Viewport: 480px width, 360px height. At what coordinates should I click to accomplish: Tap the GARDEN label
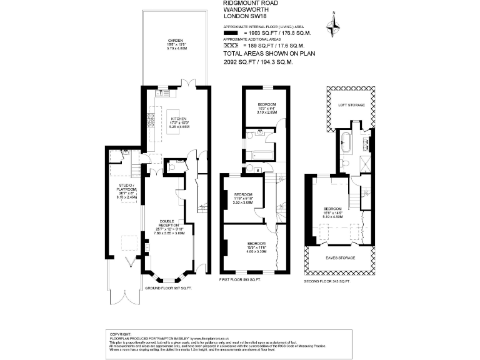[x=166, y=44]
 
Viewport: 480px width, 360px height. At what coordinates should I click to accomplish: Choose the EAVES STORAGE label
[x=339, y=257]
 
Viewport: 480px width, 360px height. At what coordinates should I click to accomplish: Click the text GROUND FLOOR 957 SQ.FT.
[x=167, y=288]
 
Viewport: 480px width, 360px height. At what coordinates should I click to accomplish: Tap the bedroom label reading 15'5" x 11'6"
[x=256, y=246]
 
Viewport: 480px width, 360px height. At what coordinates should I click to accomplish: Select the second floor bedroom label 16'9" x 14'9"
[x=332, y=211]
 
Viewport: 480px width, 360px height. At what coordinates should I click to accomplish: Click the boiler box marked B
[x=249, y=169]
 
